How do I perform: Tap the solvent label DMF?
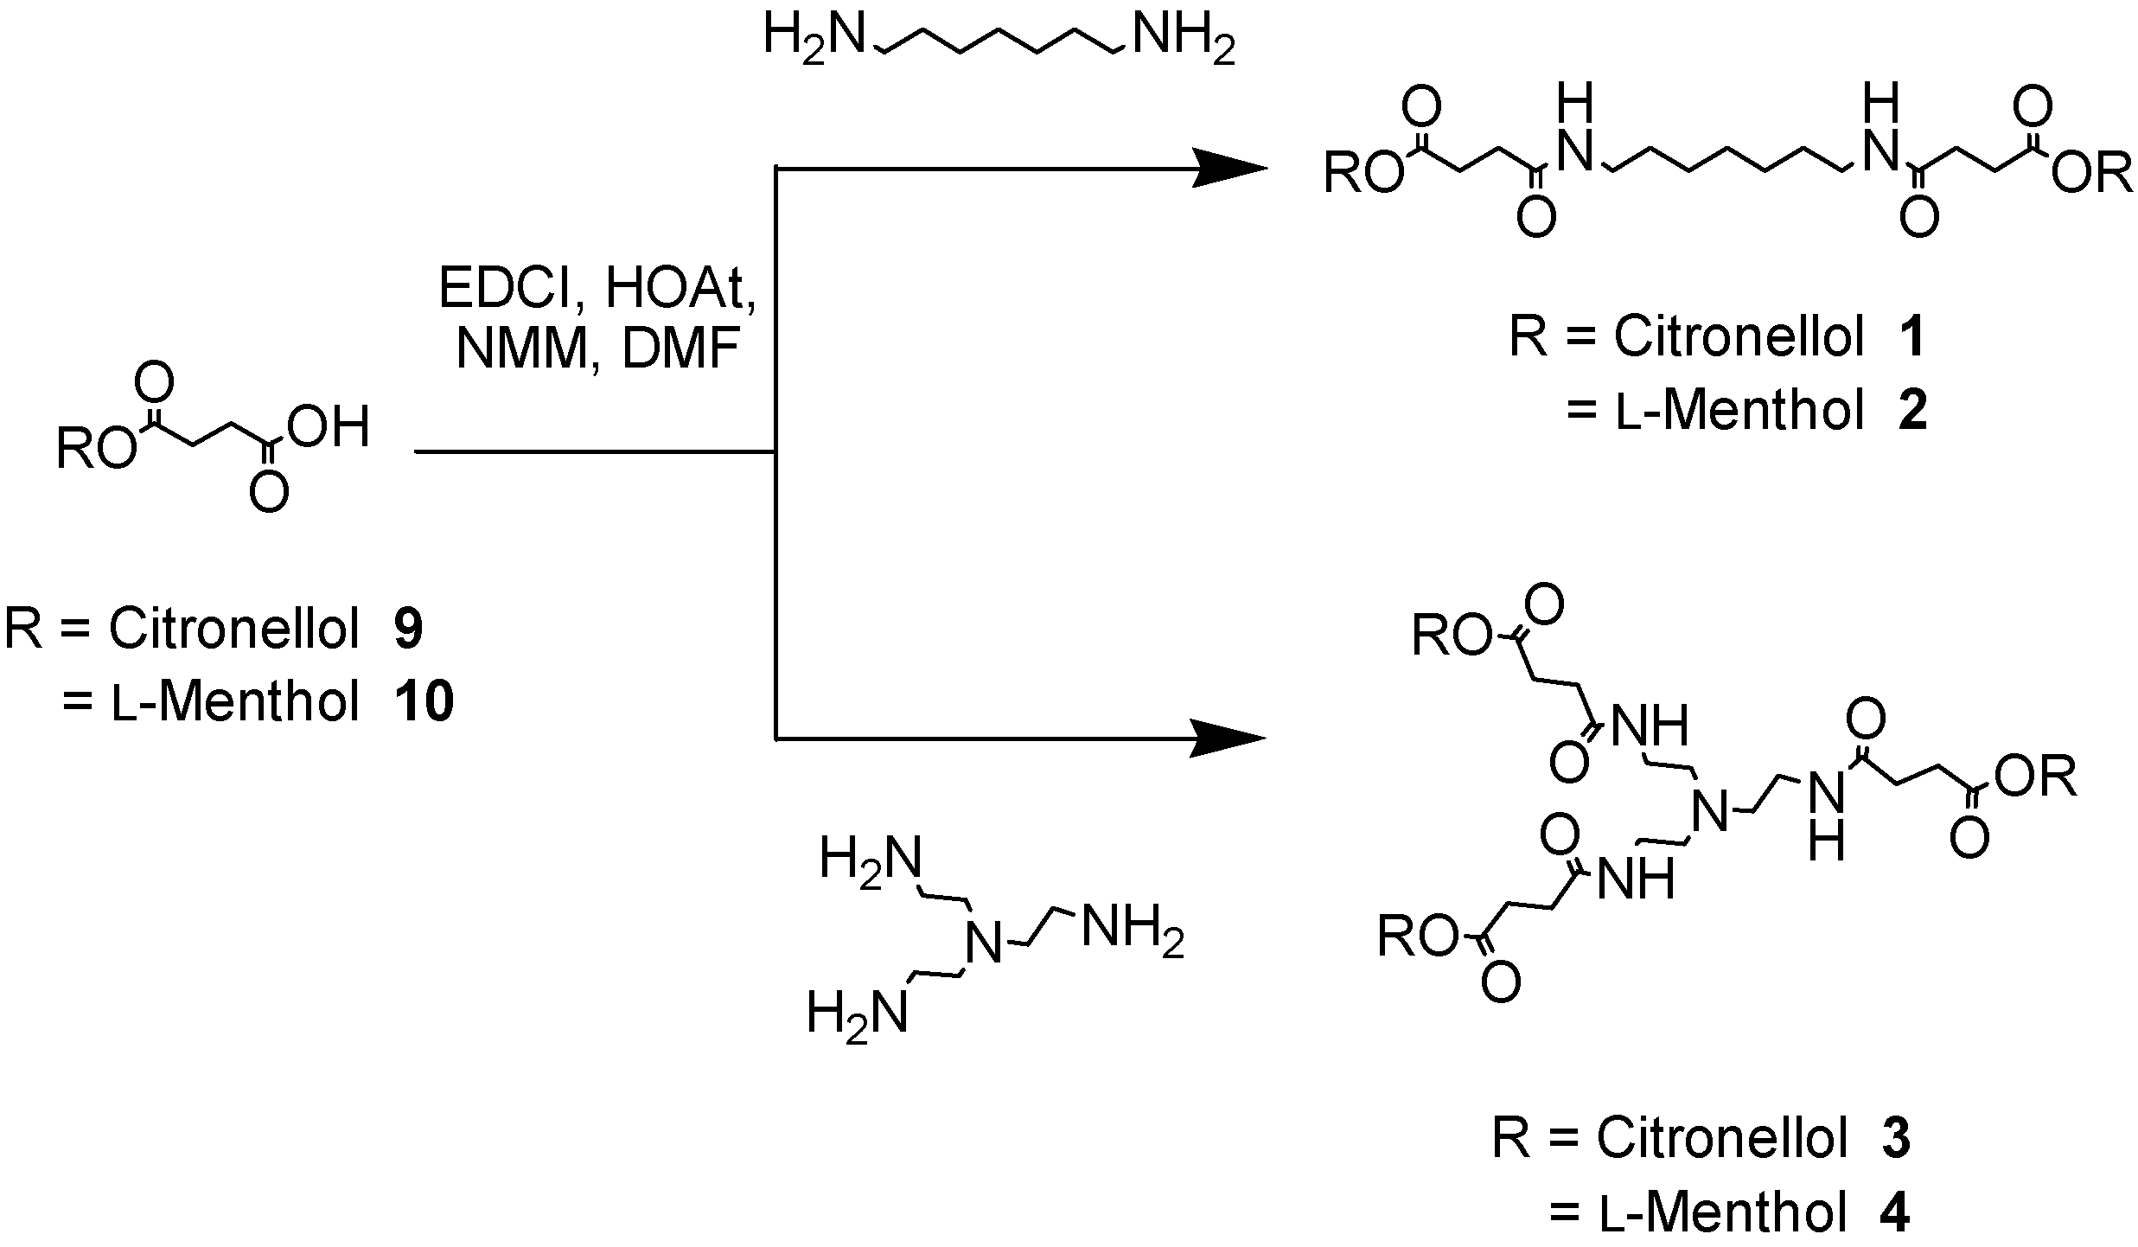point(681,350)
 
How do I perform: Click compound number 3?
point(1896,1140)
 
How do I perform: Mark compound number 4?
point(1895,1212)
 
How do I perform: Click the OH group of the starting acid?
point(329,427)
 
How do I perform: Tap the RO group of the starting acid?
point(95,451)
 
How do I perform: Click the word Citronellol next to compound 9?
point(233,630)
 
